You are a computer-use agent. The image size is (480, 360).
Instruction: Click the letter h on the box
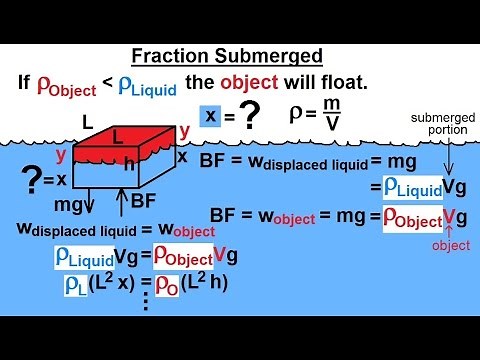coord(155,164)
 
